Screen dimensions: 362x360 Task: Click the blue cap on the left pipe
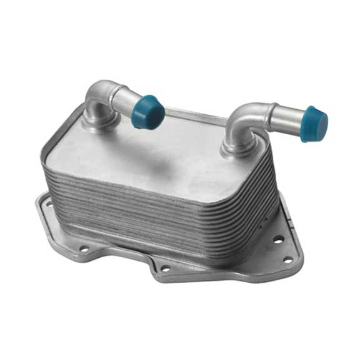coord(148,111)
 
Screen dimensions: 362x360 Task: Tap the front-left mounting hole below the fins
coord(84,249)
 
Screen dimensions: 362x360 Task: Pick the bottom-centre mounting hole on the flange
coord(165,268)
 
